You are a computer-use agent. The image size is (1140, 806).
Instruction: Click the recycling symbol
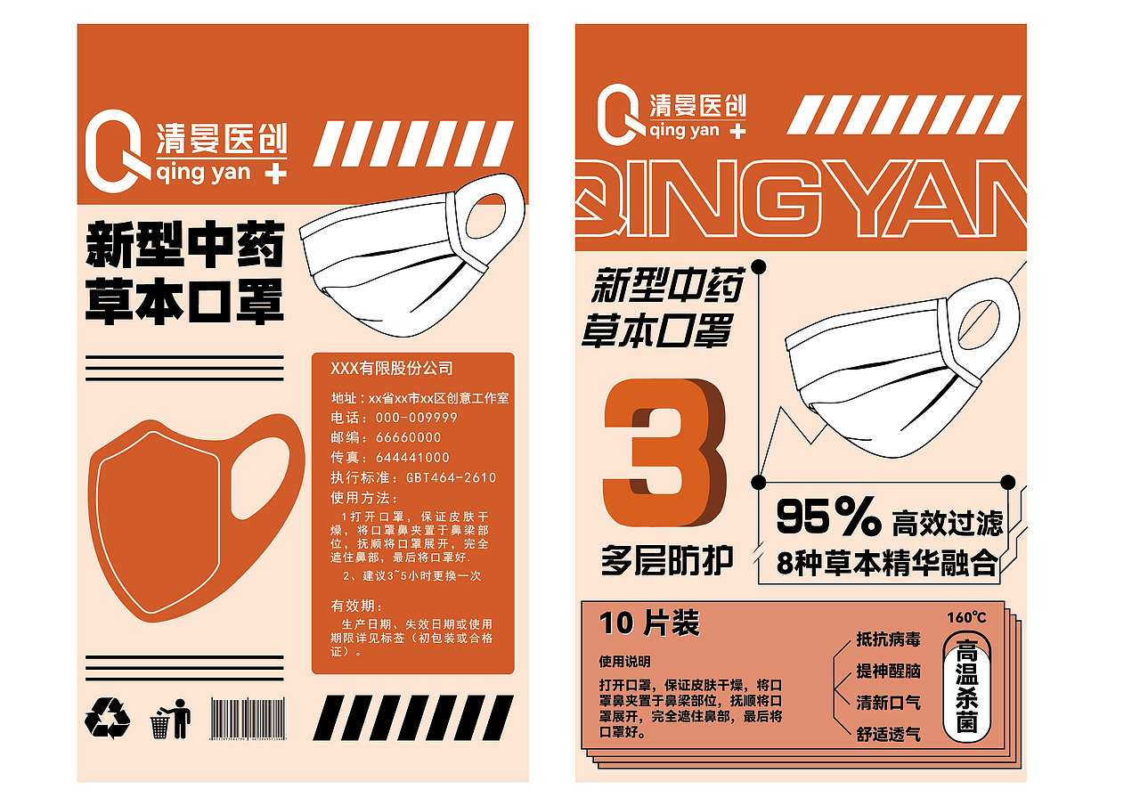coord(107,718)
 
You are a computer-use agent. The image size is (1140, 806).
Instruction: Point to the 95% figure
coord(827,517)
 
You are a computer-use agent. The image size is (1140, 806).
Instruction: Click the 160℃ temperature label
coord(966,617)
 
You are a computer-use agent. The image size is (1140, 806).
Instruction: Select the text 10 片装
coord(649,623)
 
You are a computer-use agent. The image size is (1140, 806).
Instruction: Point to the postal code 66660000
coord(408,437)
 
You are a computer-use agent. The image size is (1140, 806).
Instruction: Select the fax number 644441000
coord(412,458)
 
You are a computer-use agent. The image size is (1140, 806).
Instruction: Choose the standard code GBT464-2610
coord(451,477)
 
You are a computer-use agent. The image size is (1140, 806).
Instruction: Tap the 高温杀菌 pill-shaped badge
coord(966,684)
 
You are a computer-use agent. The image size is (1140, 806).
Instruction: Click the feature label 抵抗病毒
coord(888,639)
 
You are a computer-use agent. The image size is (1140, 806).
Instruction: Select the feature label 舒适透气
coord(888,735)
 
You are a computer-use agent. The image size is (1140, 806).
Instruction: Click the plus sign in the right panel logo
coord(737,132)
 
